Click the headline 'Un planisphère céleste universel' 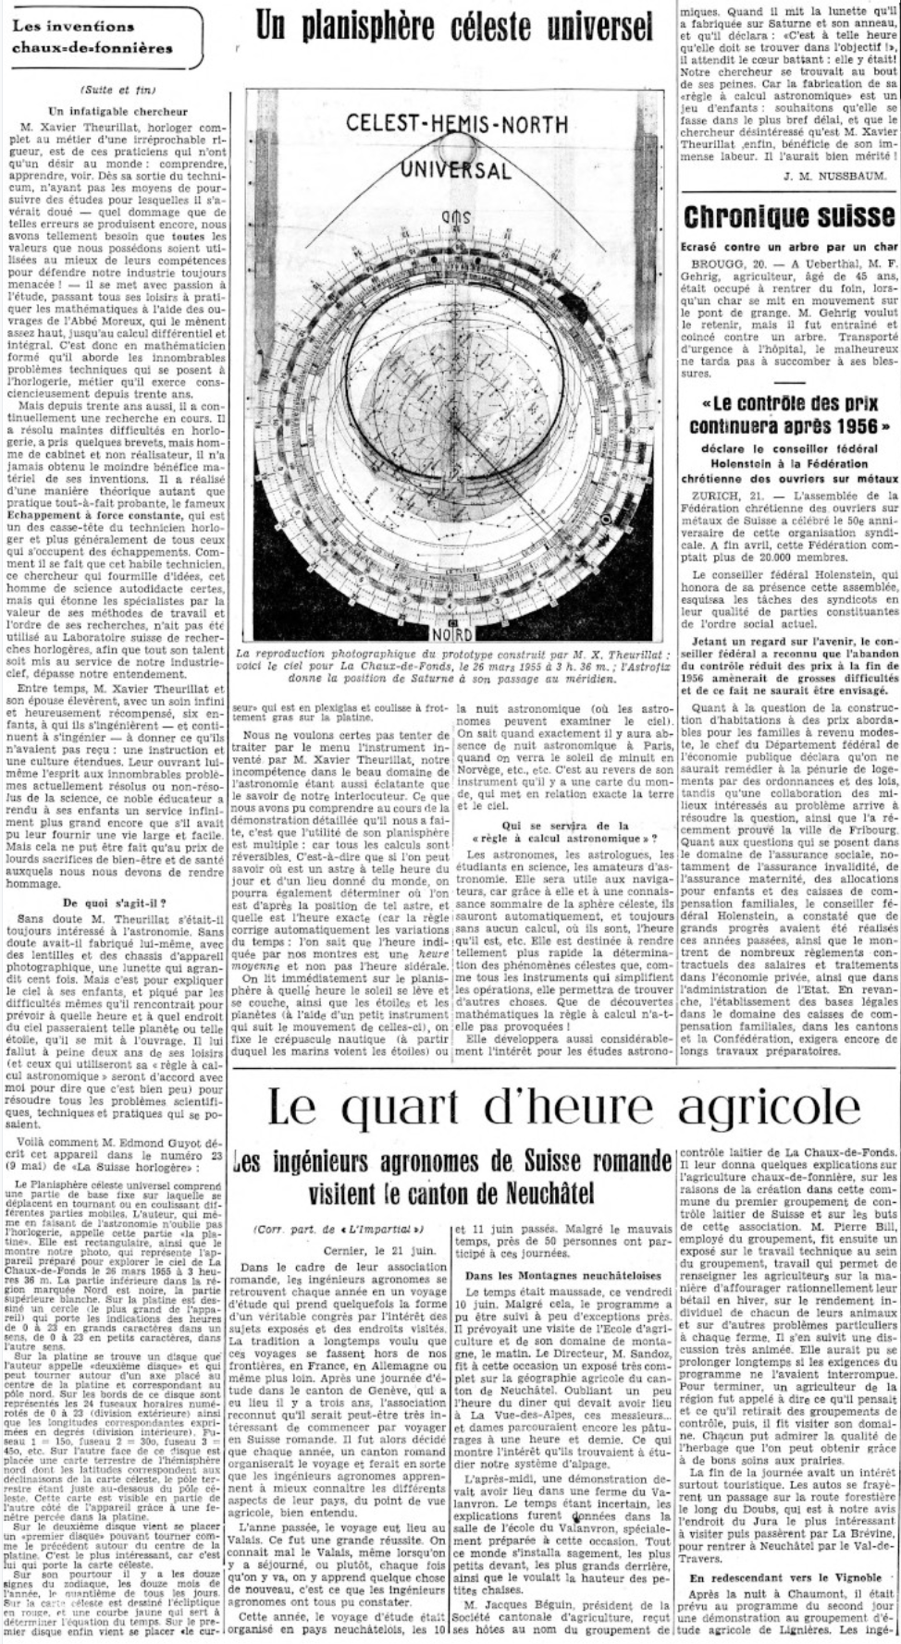point(454,29)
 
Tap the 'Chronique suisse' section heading point(789,216)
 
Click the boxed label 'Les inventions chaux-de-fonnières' point(93,36)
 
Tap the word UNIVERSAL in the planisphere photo point(455,170)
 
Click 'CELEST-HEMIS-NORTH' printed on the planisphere point(453,125)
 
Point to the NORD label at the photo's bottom point(452,634)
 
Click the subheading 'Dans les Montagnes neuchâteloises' point(563,1276)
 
